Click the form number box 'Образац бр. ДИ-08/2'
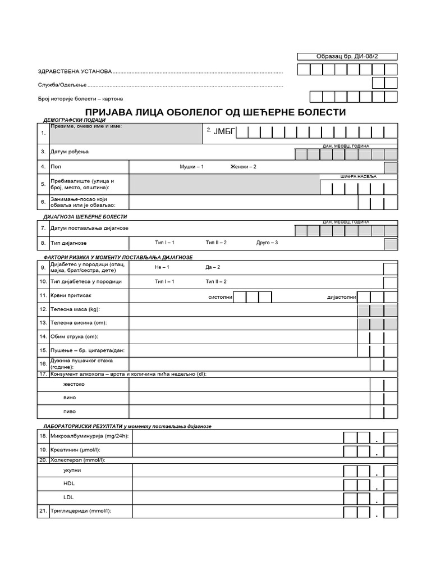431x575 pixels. click(x=347, y=56)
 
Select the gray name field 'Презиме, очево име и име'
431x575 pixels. click(x=126, y=134)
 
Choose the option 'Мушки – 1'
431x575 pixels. click(x=191, y=167)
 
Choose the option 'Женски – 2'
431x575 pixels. click(x=243, y=167)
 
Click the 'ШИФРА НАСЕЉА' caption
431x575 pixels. click(x=359, y=177)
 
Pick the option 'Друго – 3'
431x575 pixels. click(x=267, y=243)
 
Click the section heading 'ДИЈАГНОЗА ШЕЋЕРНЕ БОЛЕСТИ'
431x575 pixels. click(x=85, y=216)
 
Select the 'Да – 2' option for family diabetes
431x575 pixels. click(x=213, y=267)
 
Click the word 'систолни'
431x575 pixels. click(x=220, y=296)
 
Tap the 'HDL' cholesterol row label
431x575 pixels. click(x=69, y=483)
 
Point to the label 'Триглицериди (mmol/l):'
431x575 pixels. click(x=81, y=510)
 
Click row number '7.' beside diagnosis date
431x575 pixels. click(x=43, y=228)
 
